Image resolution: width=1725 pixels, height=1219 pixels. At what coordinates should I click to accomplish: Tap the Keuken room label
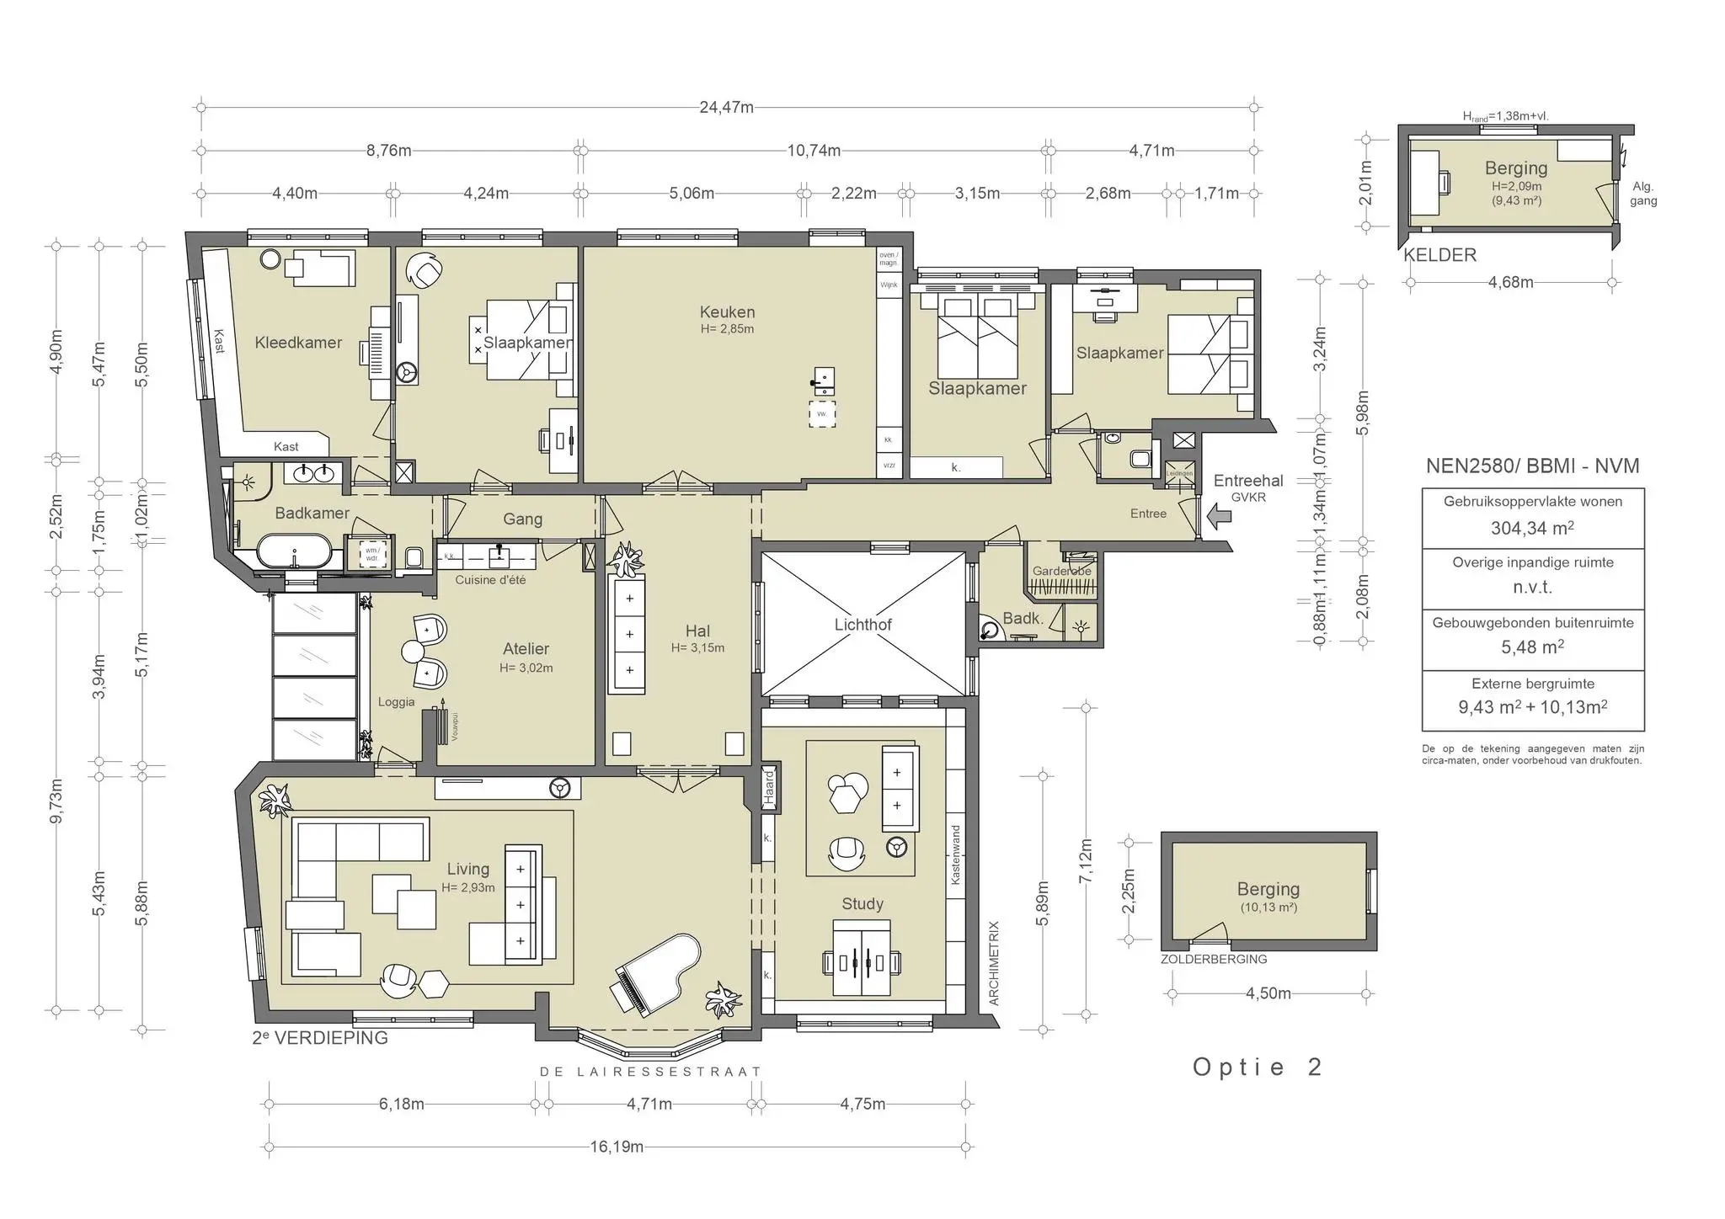(x=727, y=312)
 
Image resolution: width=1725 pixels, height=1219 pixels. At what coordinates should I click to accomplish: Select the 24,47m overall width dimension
(x=726, y=108)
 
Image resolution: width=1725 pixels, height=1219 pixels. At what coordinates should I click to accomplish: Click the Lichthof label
(x=862, y=625)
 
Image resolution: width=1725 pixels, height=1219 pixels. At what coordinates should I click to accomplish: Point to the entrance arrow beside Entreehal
(x=1218, y=516)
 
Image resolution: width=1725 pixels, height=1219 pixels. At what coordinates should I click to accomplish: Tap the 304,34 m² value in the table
(x=1532, y=529)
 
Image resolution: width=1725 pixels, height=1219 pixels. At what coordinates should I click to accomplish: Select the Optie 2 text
(x=1258, y=1067)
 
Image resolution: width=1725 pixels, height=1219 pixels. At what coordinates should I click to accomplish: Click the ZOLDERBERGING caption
(x=1213, y=959)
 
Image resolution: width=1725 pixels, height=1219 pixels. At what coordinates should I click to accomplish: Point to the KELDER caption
(x=1439, y=255)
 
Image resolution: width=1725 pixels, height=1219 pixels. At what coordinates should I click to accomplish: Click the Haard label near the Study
(x=768, y=788)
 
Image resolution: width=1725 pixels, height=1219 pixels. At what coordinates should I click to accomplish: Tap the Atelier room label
(x=526, y=649)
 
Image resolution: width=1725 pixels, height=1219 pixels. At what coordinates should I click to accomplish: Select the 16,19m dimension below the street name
(x=617, y=1147)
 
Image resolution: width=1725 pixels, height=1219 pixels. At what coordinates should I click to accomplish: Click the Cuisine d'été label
(x=490, y=580)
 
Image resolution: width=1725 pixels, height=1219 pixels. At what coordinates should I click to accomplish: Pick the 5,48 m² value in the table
(x=1532, y=647)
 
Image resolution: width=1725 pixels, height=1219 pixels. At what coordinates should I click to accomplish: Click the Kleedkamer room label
(x=298, y=343)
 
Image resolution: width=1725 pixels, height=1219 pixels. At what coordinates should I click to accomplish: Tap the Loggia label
(x=396, y=702)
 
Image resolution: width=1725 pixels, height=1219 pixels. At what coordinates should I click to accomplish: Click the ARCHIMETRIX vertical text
(x=993, y=963)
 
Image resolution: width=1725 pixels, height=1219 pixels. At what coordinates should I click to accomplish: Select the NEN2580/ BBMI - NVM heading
(x=1532, y=466)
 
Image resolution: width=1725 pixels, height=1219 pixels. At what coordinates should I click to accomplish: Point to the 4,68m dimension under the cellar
(x=1510, y=283)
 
